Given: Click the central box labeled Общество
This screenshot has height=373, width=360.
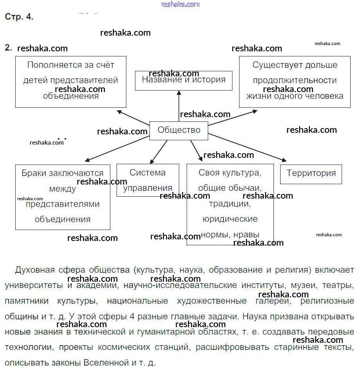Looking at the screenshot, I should coord(179,130).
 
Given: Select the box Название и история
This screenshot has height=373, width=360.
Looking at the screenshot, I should coord(184,80).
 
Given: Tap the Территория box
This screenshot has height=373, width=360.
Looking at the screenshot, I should coord(311,174).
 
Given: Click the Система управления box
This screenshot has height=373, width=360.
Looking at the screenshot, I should coord(148,180).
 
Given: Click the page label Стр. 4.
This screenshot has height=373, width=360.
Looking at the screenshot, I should coord(19,17).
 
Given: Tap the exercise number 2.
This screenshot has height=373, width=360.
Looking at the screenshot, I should coord(8,48).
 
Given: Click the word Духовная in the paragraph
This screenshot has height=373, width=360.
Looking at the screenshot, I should coord(34,270).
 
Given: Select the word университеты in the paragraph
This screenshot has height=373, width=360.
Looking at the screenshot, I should coord(33,285).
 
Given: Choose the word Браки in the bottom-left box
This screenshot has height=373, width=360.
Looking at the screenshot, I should coord(33,173).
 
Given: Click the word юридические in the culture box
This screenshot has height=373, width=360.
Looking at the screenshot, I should coord(230,219).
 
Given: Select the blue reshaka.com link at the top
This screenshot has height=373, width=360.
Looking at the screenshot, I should coord(180,4).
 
